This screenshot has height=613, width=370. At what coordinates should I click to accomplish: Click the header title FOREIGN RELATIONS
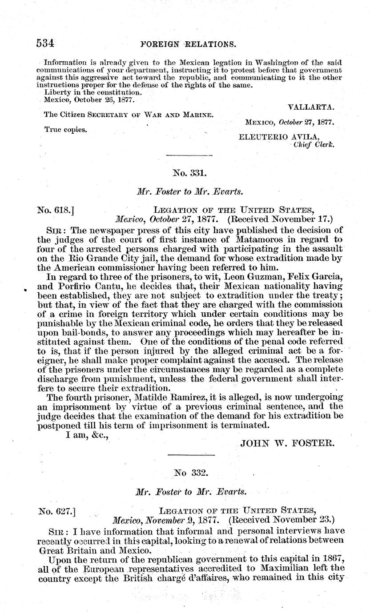(182, 44)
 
